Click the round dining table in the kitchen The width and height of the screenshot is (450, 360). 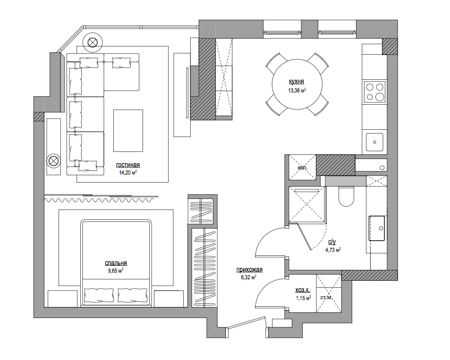pos(297,84)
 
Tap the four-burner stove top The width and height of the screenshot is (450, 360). pos(374,92)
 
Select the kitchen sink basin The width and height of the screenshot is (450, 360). pos(374,142)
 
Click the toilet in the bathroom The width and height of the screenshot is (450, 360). pos(347,196)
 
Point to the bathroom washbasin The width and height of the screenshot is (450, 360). pos(377,228)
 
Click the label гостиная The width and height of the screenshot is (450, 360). pos(128,165)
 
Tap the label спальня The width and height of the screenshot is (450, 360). pos(116,263)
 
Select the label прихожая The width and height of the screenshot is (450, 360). pos(249,269)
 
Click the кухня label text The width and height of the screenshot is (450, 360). pos(297,82)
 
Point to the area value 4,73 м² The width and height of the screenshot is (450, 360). pos(333,250)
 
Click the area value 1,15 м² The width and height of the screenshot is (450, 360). pos(304,298)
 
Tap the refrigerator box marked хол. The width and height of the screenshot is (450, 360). pos(302,167)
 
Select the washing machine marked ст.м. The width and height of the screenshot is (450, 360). pos(329,293)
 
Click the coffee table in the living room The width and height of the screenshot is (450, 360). pos(128,131)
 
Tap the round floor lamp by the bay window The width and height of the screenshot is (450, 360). pos(93,42)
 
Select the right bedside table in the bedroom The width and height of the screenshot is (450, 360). pos(169,299)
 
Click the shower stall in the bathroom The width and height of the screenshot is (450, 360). pos(307,204)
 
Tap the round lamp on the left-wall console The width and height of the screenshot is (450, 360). pos(53,161)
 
